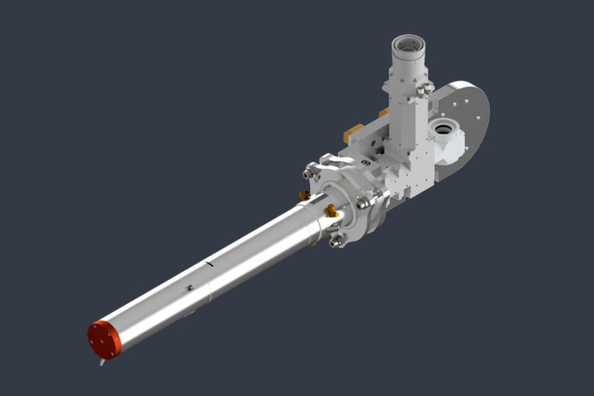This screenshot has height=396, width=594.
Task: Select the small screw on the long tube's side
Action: coord(189,288)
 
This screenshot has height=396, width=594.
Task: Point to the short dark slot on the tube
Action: coord(209,261)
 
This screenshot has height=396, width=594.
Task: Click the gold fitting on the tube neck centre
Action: coord(331,211)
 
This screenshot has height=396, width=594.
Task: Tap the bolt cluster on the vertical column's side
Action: coord(425,89)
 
